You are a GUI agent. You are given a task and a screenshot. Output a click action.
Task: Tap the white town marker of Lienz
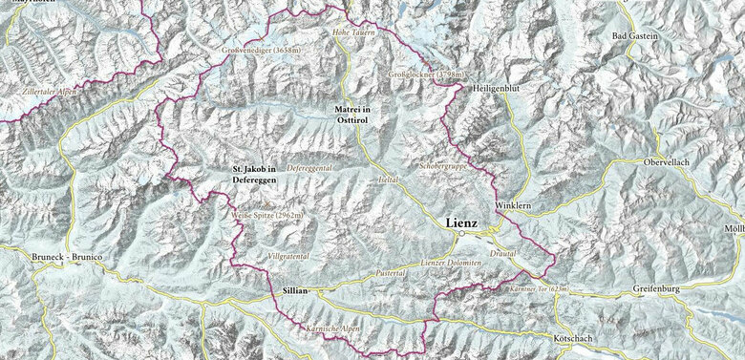[x=460, y=233]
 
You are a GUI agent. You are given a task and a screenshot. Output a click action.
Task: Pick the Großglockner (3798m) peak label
[x=427, y=74]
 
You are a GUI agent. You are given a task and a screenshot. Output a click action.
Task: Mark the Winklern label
[x=512, y=206]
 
